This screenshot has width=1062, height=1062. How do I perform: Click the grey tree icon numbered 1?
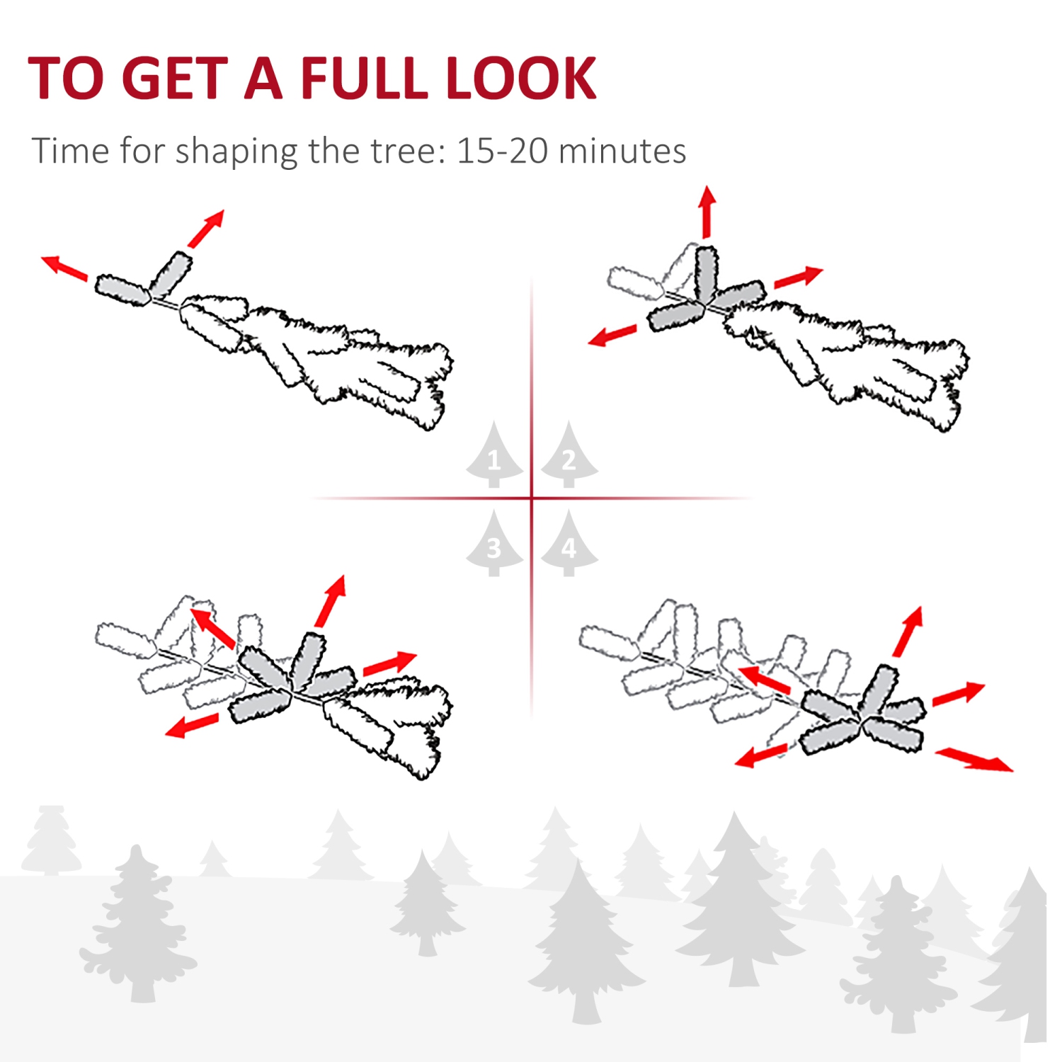point(494,457)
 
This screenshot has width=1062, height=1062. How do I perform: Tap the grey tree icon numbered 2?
point(569,457)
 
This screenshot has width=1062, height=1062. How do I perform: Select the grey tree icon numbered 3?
point(494,545)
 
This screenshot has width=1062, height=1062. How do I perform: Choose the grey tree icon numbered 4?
point(569,545)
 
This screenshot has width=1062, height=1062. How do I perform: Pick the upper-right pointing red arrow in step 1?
point(206,228)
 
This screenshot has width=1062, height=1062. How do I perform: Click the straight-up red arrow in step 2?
point(707,212)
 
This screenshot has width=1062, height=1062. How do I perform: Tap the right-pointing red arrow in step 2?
point(799,277)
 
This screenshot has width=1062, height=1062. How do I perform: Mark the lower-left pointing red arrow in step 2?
point(612,335)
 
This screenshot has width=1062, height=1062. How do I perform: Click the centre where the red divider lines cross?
point(532,498)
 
